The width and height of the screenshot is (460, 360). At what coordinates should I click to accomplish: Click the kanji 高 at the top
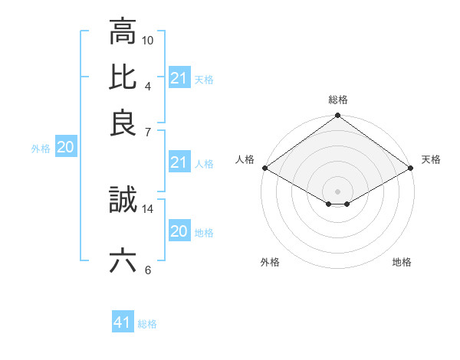[x=123, y=32]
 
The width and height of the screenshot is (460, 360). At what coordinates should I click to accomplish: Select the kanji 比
[x=123, y=77]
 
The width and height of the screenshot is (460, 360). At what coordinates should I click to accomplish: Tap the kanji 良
[x=123, y=123]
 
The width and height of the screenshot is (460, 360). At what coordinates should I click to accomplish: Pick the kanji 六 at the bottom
[x=123, y=261]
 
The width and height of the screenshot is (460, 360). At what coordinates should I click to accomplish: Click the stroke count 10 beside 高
[x=148, y=40]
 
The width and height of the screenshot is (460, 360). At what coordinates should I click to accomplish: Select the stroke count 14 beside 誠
[x=148, y=208]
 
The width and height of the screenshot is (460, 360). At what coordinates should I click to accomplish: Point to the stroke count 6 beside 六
[x=148, y=270]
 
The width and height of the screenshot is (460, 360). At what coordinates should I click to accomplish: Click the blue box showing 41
[x=123, y=322]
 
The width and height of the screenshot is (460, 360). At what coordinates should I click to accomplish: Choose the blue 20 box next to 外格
[x=65, y=148]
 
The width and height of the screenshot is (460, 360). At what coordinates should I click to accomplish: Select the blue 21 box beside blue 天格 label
[x=179, y=78]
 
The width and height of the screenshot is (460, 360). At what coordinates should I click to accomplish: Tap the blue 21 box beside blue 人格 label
[x=179, y=162]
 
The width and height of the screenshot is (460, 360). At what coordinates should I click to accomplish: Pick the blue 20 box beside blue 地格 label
[x=179, y=231]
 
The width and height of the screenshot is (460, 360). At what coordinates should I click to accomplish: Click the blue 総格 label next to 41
[x=147, y=324]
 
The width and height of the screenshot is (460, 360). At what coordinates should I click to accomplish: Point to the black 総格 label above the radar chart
[x=338, y=100]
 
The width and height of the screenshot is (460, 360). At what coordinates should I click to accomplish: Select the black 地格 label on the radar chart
[x=402, y=263]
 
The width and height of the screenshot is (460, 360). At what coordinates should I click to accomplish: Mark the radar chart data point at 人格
[x=264, y=168]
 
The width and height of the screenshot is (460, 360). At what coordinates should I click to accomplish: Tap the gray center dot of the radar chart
[x=338, y=191]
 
